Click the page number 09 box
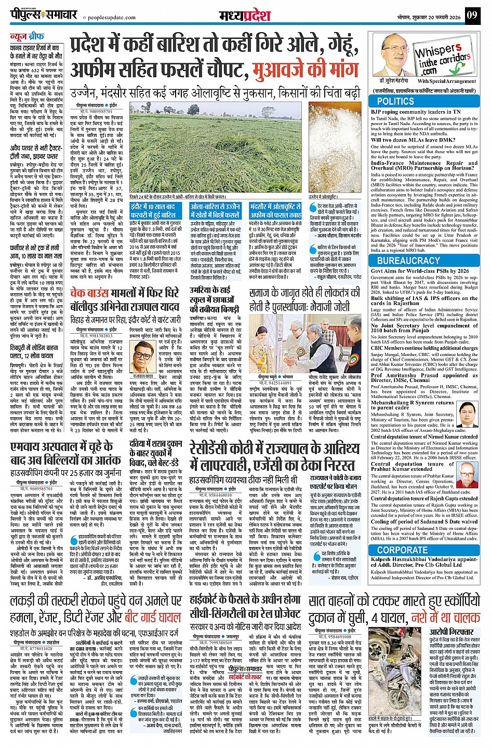[471, 15]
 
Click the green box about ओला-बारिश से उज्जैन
[215, 211]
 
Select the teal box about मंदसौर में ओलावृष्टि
[275, 211]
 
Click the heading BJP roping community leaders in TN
[416, 112]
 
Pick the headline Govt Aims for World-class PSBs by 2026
[420, 271]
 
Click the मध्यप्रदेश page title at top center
[245, 16]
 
